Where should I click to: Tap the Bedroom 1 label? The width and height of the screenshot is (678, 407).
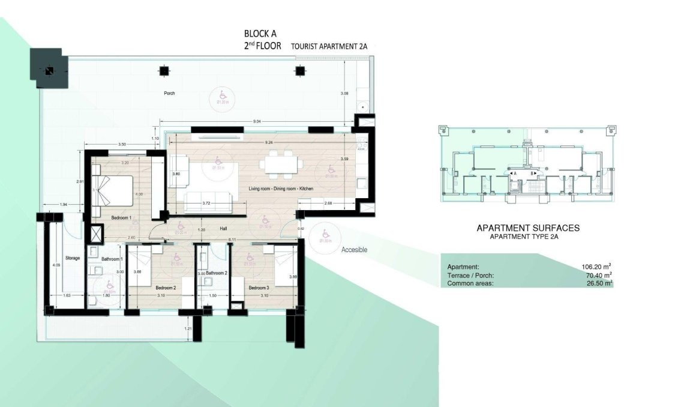121,217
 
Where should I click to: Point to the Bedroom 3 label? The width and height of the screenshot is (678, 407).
259,288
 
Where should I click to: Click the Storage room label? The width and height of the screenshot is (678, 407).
72,258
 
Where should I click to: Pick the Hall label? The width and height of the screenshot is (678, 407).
223,229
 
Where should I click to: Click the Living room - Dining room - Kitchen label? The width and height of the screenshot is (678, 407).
281,189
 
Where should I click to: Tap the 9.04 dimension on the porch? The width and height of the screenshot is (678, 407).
257,122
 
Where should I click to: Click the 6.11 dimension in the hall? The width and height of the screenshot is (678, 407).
232,240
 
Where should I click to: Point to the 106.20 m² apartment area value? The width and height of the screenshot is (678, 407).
596,267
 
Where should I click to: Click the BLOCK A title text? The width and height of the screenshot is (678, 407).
260,34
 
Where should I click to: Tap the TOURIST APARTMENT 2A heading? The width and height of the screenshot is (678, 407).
327,46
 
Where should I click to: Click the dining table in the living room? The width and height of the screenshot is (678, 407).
280,164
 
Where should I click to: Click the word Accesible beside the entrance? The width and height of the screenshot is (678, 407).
353,250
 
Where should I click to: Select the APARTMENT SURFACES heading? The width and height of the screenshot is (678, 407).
528,228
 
